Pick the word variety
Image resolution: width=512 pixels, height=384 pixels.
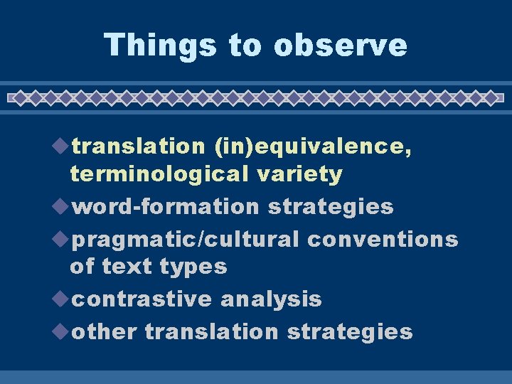coord(306,174)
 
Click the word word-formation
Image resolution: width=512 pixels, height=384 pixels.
coord(166,207)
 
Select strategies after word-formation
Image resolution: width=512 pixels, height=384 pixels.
coord(330,207)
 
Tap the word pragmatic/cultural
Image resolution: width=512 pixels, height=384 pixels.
coord(186,240)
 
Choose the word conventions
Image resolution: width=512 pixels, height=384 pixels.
coord(383,240)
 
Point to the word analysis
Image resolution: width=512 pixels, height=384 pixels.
coord(271,299)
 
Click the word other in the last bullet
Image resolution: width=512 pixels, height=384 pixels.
coord(105,332)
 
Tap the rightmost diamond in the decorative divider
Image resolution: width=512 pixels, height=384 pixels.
coord(491,97)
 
